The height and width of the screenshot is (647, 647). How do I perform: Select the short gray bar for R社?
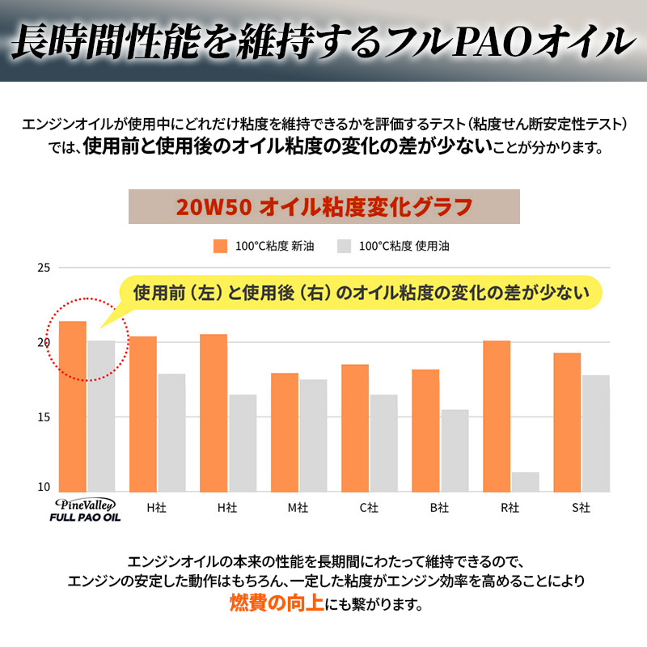[x=525, y=482]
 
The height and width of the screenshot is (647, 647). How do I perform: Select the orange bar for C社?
[x=355, y=428]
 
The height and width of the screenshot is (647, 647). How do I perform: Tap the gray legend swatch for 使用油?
[x=344, y=246]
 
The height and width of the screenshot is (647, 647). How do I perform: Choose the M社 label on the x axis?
[x=298, y=508]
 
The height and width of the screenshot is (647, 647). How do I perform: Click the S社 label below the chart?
[x=581, y=508]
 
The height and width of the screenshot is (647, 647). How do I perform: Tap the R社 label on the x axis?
[x=510, y=508]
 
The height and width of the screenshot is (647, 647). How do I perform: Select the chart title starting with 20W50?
[x=323, y=207]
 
